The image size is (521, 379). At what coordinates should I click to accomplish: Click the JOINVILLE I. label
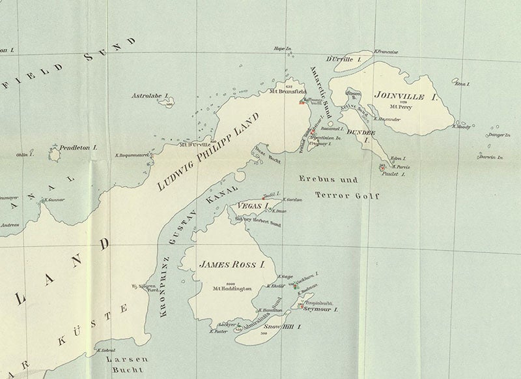[405, 96]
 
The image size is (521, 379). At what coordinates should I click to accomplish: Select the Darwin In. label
[492, 157]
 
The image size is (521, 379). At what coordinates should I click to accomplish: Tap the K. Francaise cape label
[386, 50]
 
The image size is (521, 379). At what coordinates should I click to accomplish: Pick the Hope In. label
[281, 49]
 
